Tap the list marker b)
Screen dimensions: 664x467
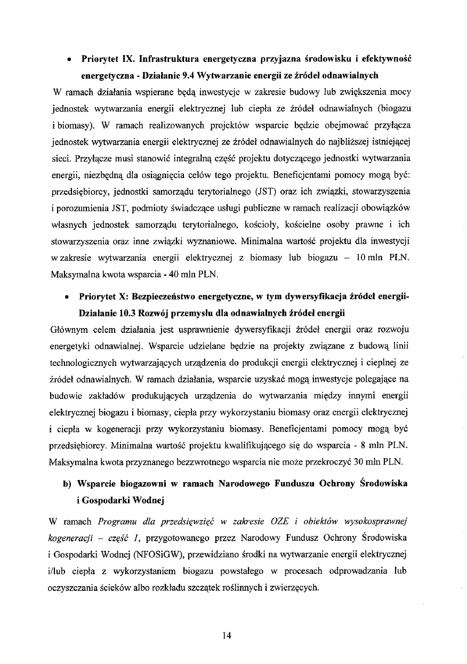click(67, 484)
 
